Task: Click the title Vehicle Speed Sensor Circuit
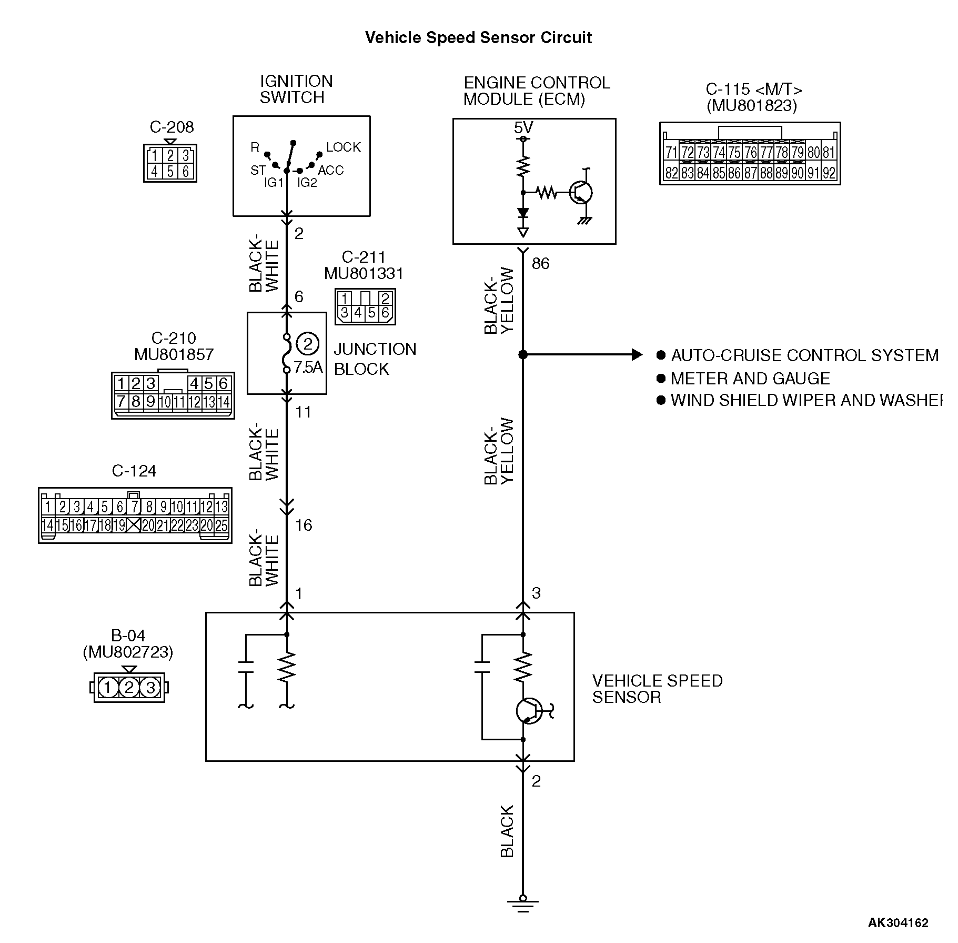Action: click(478, 38)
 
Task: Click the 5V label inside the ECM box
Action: click(523, 127)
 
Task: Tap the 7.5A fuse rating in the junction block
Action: click(308, 367)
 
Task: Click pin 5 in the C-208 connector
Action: click(170, 171)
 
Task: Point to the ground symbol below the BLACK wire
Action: click(522, 906)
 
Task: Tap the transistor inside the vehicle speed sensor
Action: click(528, 711)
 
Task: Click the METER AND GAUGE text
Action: click(750, 379)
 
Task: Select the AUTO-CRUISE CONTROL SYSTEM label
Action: click(804, 355)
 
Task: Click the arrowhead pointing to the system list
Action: click(637, 355)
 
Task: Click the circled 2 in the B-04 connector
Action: click(129, 688)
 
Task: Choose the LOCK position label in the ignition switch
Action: click(344, 147)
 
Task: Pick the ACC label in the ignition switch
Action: click(330, 170)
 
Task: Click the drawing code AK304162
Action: click(898, 923)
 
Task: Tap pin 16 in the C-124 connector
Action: click(77, 525)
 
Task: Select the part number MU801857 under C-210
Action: click(174, 354)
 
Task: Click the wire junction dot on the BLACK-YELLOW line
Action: click(522, 355)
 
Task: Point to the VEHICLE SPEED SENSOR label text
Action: click(657, 689)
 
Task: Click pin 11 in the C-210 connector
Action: click(179, 402)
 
